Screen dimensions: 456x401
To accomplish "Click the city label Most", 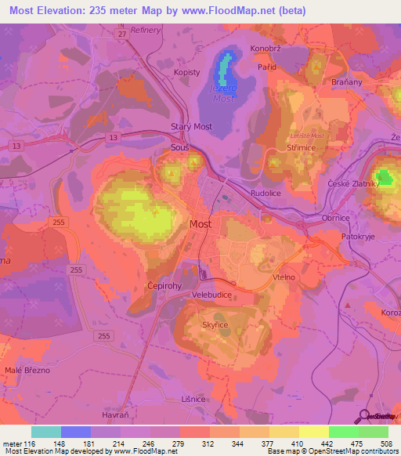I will (200, 224).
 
